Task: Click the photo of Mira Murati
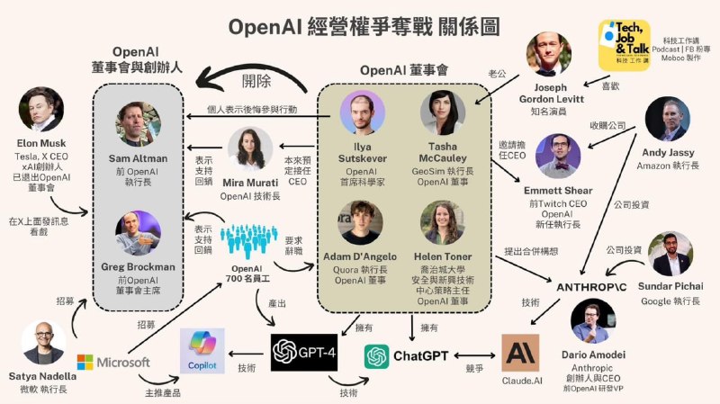(249, 143)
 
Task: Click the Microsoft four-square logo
(85, 362)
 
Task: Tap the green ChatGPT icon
(377, 356)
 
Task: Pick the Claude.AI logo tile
(520, 352)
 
